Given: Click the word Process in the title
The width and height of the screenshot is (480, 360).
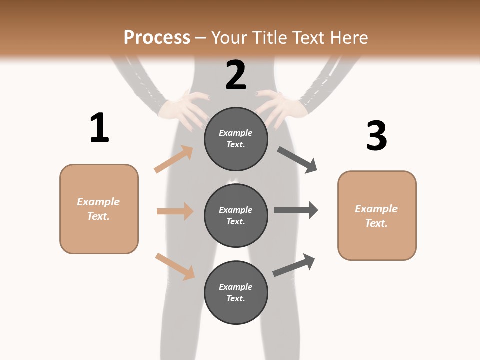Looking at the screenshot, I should [157, 38].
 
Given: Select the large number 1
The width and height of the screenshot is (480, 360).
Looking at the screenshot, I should [99, 128].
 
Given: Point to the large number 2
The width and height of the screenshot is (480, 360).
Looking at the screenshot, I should [236, 75].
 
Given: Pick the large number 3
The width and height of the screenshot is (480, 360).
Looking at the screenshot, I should [376, 136].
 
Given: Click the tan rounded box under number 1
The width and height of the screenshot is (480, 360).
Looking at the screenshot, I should [99, 209].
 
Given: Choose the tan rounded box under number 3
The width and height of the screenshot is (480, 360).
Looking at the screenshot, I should [377, 215].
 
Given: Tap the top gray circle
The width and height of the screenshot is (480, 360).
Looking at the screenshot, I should [236, 139].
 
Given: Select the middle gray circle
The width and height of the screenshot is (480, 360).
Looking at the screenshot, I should [236, 215].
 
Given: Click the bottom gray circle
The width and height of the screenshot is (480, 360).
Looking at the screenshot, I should [236, 292].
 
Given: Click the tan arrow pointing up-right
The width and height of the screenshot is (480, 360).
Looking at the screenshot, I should [174, 159].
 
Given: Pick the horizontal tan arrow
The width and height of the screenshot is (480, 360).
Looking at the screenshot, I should [175, 211].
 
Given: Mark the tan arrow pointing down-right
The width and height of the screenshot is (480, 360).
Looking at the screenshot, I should [175, 266].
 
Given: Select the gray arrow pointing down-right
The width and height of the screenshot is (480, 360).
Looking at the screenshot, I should [297, 160].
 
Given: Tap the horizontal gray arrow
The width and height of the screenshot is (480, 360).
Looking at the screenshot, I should [296, 210].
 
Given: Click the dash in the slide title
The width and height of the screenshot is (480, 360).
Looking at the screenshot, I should [201, 38].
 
